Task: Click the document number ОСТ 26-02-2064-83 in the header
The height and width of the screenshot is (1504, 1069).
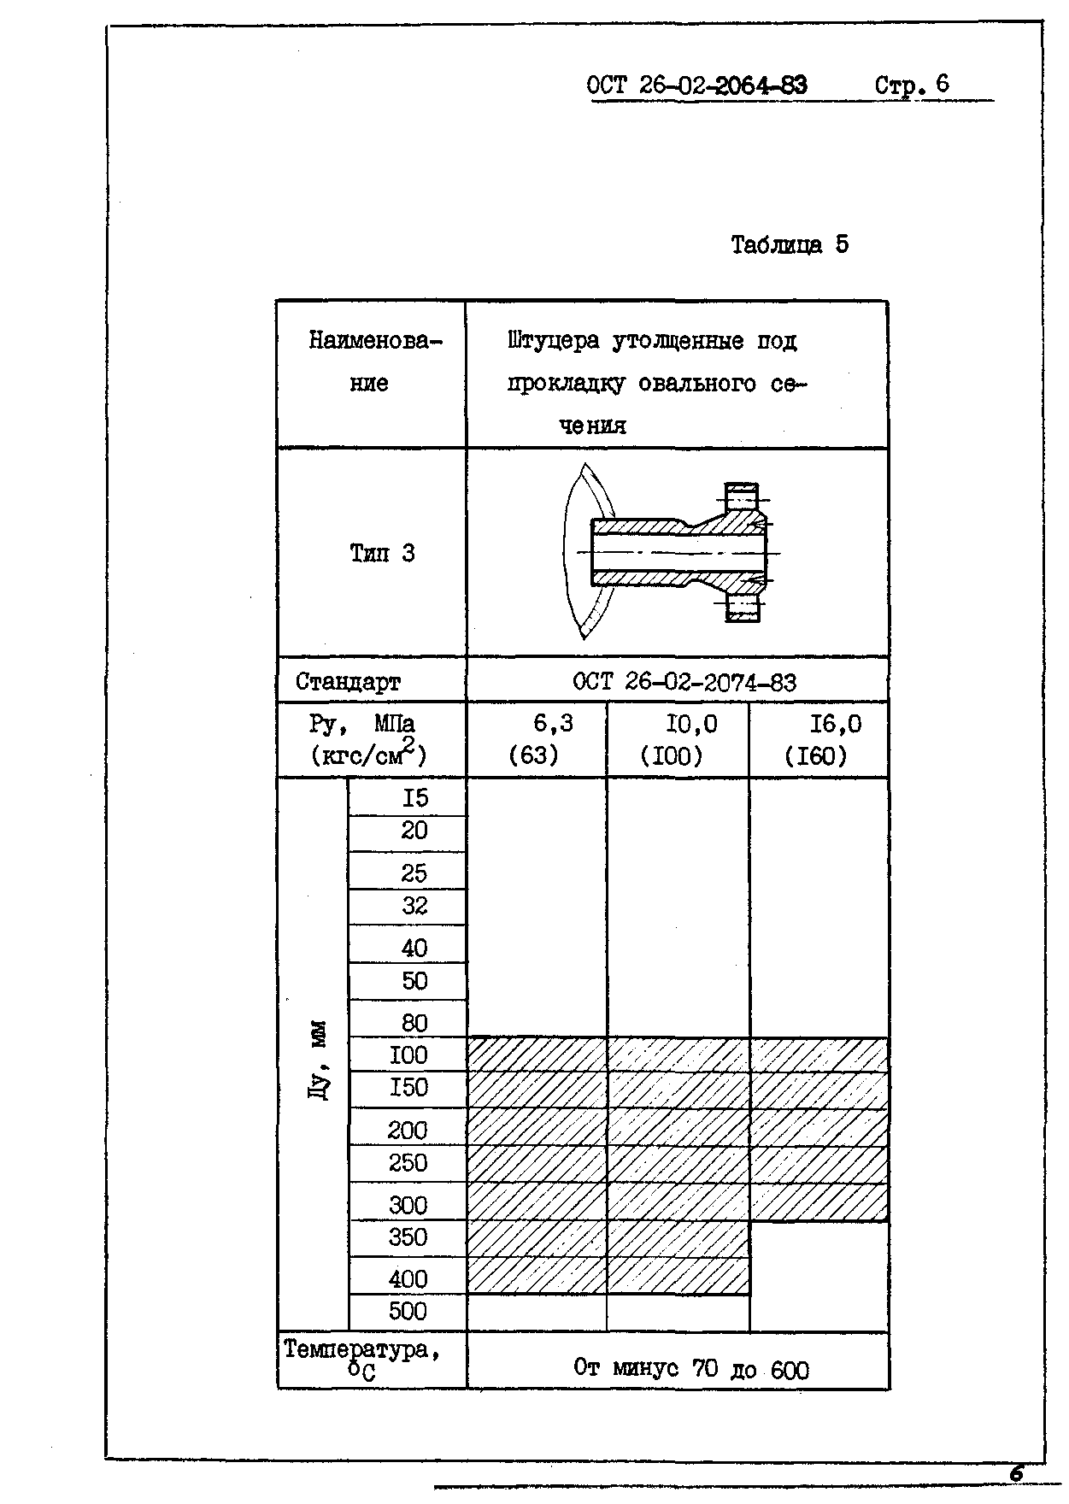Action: coord(696,85)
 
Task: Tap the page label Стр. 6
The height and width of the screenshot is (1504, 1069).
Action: coord(912,85)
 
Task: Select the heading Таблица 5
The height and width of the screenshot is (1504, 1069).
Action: coord(790,245)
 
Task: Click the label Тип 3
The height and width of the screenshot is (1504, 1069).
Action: coord(382,554)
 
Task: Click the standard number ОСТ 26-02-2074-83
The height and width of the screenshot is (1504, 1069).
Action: coord(684,682)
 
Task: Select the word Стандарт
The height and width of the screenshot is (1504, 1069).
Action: coord(348,682)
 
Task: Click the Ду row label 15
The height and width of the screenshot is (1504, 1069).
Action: coord(414,798)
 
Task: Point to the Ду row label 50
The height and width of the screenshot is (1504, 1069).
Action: coord(414,981)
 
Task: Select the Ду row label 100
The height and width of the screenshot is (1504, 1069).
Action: coord(408,1055)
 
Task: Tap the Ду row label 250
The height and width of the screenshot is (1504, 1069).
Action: coord(408,1163)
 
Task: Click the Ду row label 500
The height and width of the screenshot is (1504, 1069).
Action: coord(408,1311)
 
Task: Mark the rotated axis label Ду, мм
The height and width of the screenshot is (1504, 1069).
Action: coord(317,1060)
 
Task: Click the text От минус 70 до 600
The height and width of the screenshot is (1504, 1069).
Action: coord(690,1369)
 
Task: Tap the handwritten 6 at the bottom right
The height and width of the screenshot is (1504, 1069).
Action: coord(1016,1473)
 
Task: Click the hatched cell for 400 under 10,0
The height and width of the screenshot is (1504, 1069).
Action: coord(678,1276)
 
